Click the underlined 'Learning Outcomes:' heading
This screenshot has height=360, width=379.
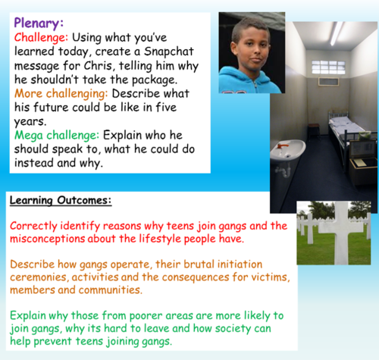(61, 200)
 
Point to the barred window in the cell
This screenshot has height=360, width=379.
(331, 67)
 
